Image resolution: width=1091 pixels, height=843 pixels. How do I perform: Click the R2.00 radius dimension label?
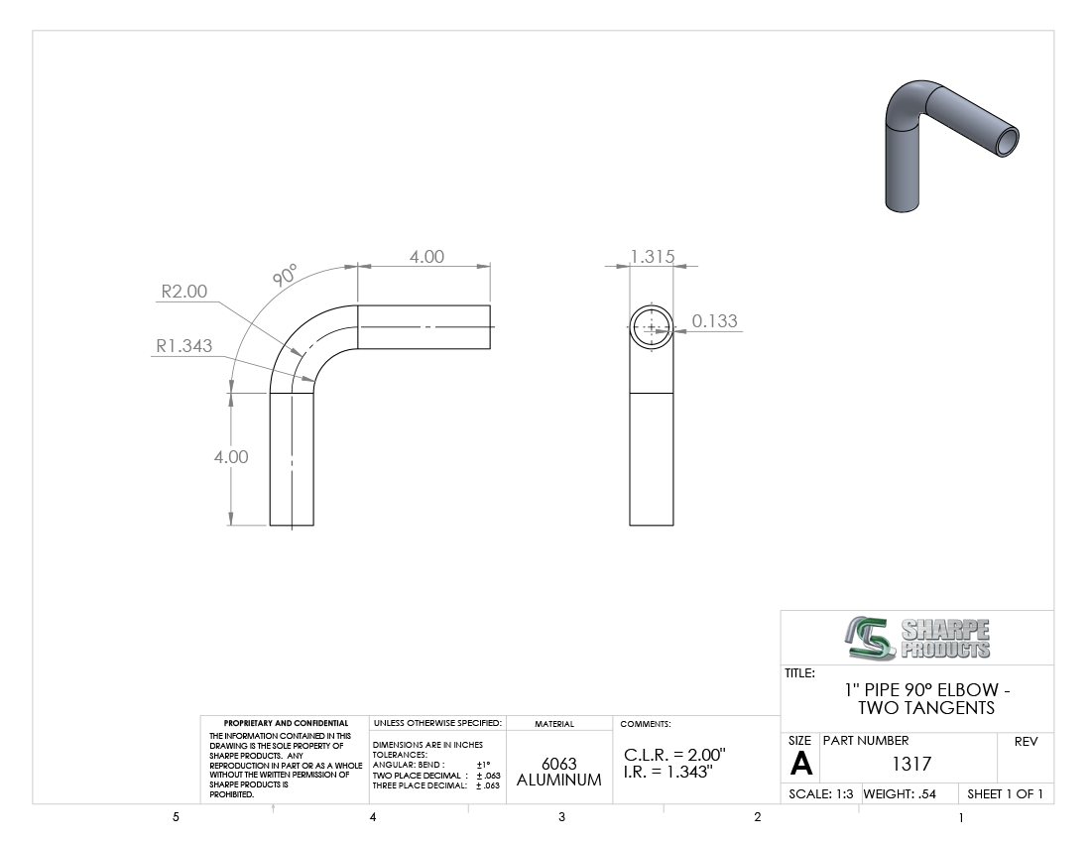184,292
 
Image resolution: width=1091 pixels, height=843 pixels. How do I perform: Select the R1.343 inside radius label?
183,346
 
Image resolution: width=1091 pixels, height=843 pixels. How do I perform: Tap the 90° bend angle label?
285,275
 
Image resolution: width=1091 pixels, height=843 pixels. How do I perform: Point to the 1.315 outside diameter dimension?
653,257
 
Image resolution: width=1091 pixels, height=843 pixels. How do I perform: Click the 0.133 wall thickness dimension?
714,320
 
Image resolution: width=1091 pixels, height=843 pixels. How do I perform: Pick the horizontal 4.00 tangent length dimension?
426,257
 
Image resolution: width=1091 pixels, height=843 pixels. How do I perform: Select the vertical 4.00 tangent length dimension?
231,457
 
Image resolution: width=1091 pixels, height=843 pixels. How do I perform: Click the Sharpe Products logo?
917,638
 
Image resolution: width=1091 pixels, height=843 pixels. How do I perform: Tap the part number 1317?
911,764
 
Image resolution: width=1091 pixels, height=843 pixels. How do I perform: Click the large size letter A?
800,765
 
